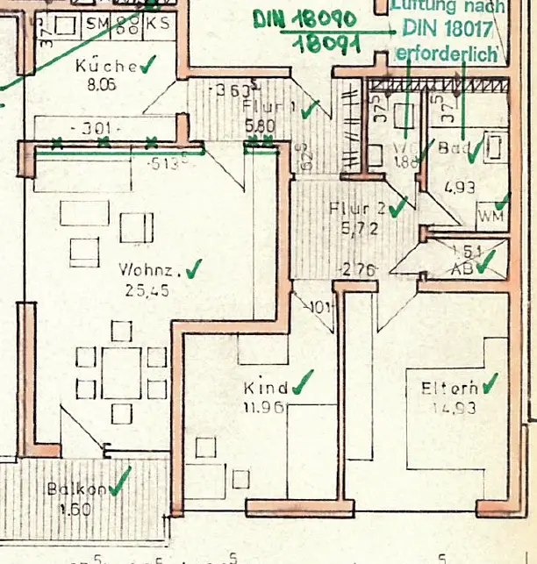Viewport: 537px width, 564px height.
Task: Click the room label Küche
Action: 105,67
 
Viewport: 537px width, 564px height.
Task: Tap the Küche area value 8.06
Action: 102,85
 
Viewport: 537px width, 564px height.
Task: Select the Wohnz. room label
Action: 148,271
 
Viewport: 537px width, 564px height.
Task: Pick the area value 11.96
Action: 262,406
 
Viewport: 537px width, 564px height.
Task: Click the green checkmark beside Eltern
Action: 489,382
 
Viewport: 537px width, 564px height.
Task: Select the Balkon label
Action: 77,489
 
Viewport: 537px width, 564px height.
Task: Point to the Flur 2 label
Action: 356,209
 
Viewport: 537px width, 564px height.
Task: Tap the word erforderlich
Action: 447,54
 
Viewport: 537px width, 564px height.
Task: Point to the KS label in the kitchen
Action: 158,25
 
